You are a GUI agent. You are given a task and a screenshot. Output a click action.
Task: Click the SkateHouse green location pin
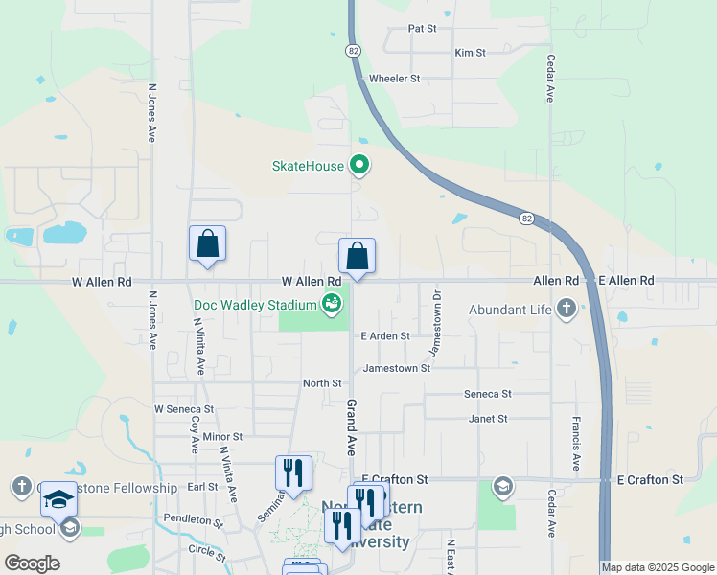(359, 166)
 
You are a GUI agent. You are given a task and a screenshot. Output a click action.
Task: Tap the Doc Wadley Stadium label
(255, 305)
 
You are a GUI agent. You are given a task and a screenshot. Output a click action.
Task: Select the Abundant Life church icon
(567, 309)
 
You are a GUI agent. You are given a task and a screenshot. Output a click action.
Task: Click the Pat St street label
(422, 29)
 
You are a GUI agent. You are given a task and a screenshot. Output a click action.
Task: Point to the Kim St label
(470, 53)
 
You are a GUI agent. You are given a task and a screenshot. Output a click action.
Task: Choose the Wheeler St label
(395, 78)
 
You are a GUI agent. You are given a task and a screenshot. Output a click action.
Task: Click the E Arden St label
(385, 336)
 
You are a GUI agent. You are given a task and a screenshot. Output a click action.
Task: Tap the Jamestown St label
(397, 368)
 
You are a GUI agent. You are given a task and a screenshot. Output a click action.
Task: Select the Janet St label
(488, 419)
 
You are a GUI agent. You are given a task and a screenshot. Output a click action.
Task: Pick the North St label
(322, 383)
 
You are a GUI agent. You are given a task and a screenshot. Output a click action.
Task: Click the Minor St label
(222, 437)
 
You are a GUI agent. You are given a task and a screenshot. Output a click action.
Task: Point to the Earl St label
(202, 487)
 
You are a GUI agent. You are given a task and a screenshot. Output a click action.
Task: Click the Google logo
(32, 563)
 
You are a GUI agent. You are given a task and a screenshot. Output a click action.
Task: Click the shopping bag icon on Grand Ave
(357, 256)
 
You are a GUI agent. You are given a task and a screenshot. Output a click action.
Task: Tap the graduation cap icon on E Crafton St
(502, 488)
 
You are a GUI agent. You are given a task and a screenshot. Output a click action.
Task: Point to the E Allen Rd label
(626, 281)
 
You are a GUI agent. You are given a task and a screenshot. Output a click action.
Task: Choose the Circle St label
(207, 551)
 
